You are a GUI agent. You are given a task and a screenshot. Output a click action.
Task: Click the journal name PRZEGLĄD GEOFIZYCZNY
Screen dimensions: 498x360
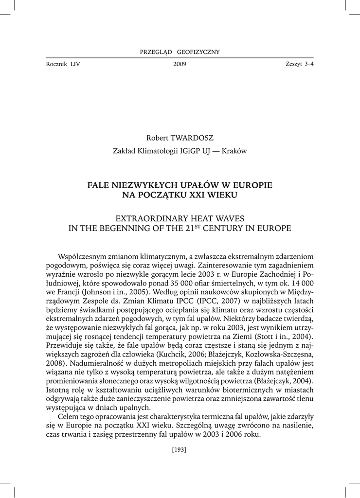[180, 52]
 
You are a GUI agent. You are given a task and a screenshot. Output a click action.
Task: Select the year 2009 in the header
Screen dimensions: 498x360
[180, 65]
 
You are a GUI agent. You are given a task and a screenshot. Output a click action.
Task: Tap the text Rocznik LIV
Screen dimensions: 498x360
[63, 64]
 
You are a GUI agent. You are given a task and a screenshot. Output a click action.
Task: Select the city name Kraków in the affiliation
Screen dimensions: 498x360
[234, 151]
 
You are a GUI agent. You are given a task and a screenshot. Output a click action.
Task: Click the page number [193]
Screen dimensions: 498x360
[180, 449]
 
